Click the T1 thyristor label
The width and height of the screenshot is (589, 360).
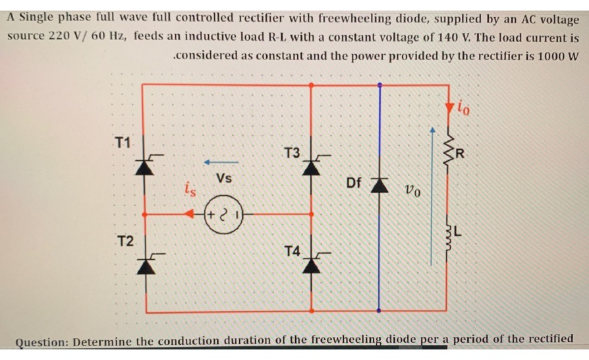[123, 141]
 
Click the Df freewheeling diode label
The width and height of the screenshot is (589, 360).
[354, 182]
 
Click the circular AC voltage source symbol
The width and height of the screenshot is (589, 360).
[224, 214]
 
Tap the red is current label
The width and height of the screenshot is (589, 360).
[189, 191]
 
